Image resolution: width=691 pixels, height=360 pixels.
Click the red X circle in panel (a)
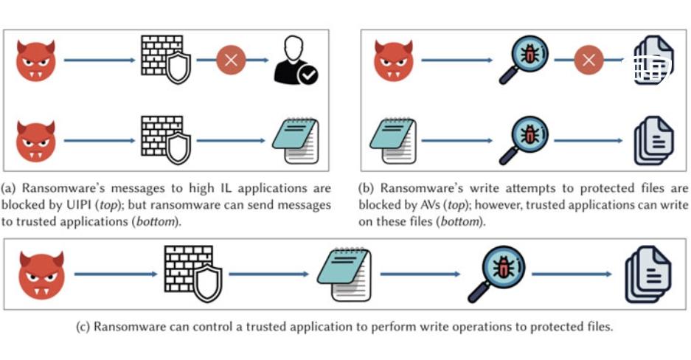[x=231, y=60]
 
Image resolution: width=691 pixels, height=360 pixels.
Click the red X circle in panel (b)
[x=588, y=60]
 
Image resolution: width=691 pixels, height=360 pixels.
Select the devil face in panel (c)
[x=41, y=274]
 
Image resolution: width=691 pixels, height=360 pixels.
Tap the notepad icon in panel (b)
[x=392, y=140]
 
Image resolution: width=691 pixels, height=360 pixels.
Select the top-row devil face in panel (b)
[x=394, y=60]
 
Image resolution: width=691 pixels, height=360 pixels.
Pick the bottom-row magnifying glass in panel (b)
[x=521, y=140]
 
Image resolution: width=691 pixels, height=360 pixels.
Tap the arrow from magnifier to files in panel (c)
[x=572, y=274]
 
